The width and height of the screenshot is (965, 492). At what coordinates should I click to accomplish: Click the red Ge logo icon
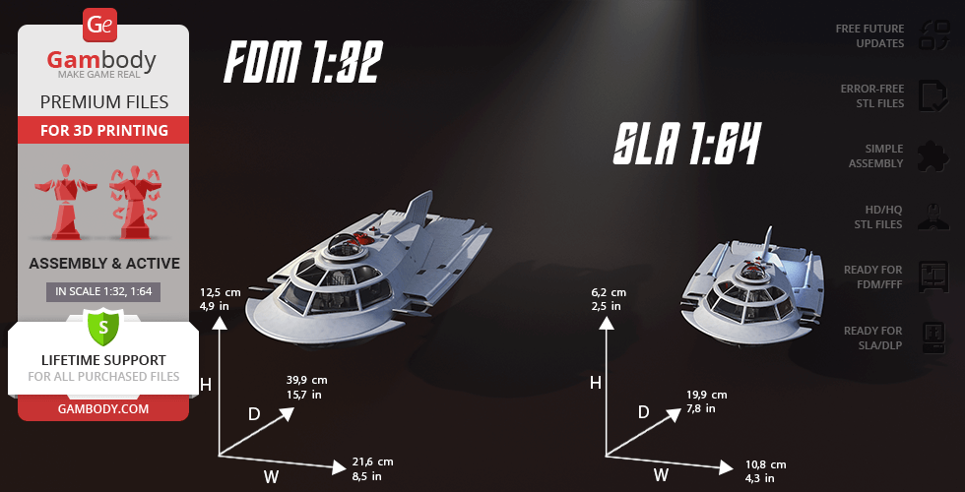click(x=101, y=25)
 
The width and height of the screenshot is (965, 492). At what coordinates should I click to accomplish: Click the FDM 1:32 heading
click(x=301, y=64)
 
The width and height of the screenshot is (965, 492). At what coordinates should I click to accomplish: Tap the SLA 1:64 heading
click(x=686, y=146)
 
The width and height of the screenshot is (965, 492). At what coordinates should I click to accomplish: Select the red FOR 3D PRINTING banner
click(x=103, y=130)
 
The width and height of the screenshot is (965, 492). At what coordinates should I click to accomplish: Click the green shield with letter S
click(x=102, y=325)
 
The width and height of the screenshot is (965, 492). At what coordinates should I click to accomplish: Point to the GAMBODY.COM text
click(x=103, y=407)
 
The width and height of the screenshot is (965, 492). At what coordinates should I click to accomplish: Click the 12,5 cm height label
click(x=220, y=292)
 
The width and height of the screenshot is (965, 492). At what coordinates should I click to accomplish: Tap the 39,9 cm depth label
click(x=307, y=380)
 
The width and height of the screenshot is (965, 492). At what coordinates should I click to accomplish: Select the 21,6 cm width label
click(x=372, y=461)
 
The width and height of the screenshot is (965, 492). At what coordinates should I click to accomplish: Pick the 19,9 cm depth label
click(x=706, y=395)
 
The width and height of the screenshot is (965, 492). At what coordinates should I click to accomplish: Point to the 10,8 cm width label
click(x=765, y=464)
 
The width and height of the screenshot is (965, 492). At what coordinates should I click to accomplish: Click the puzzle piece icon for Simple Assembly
click(x=931, y=155)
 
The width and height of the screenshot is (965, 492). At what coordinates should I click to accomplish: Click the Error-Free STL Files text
click(x=871, y=95)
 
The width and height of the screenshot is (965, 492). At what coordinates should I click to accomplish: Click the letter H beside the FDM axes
click(x=206, y=385)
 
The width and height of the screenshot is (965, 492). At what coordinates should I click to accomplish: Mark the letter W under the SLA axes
click(x=662, y=474)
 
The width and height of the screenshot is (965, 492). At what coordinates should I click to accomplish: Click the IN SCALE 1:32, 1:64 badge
click(x=103, y=291)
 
